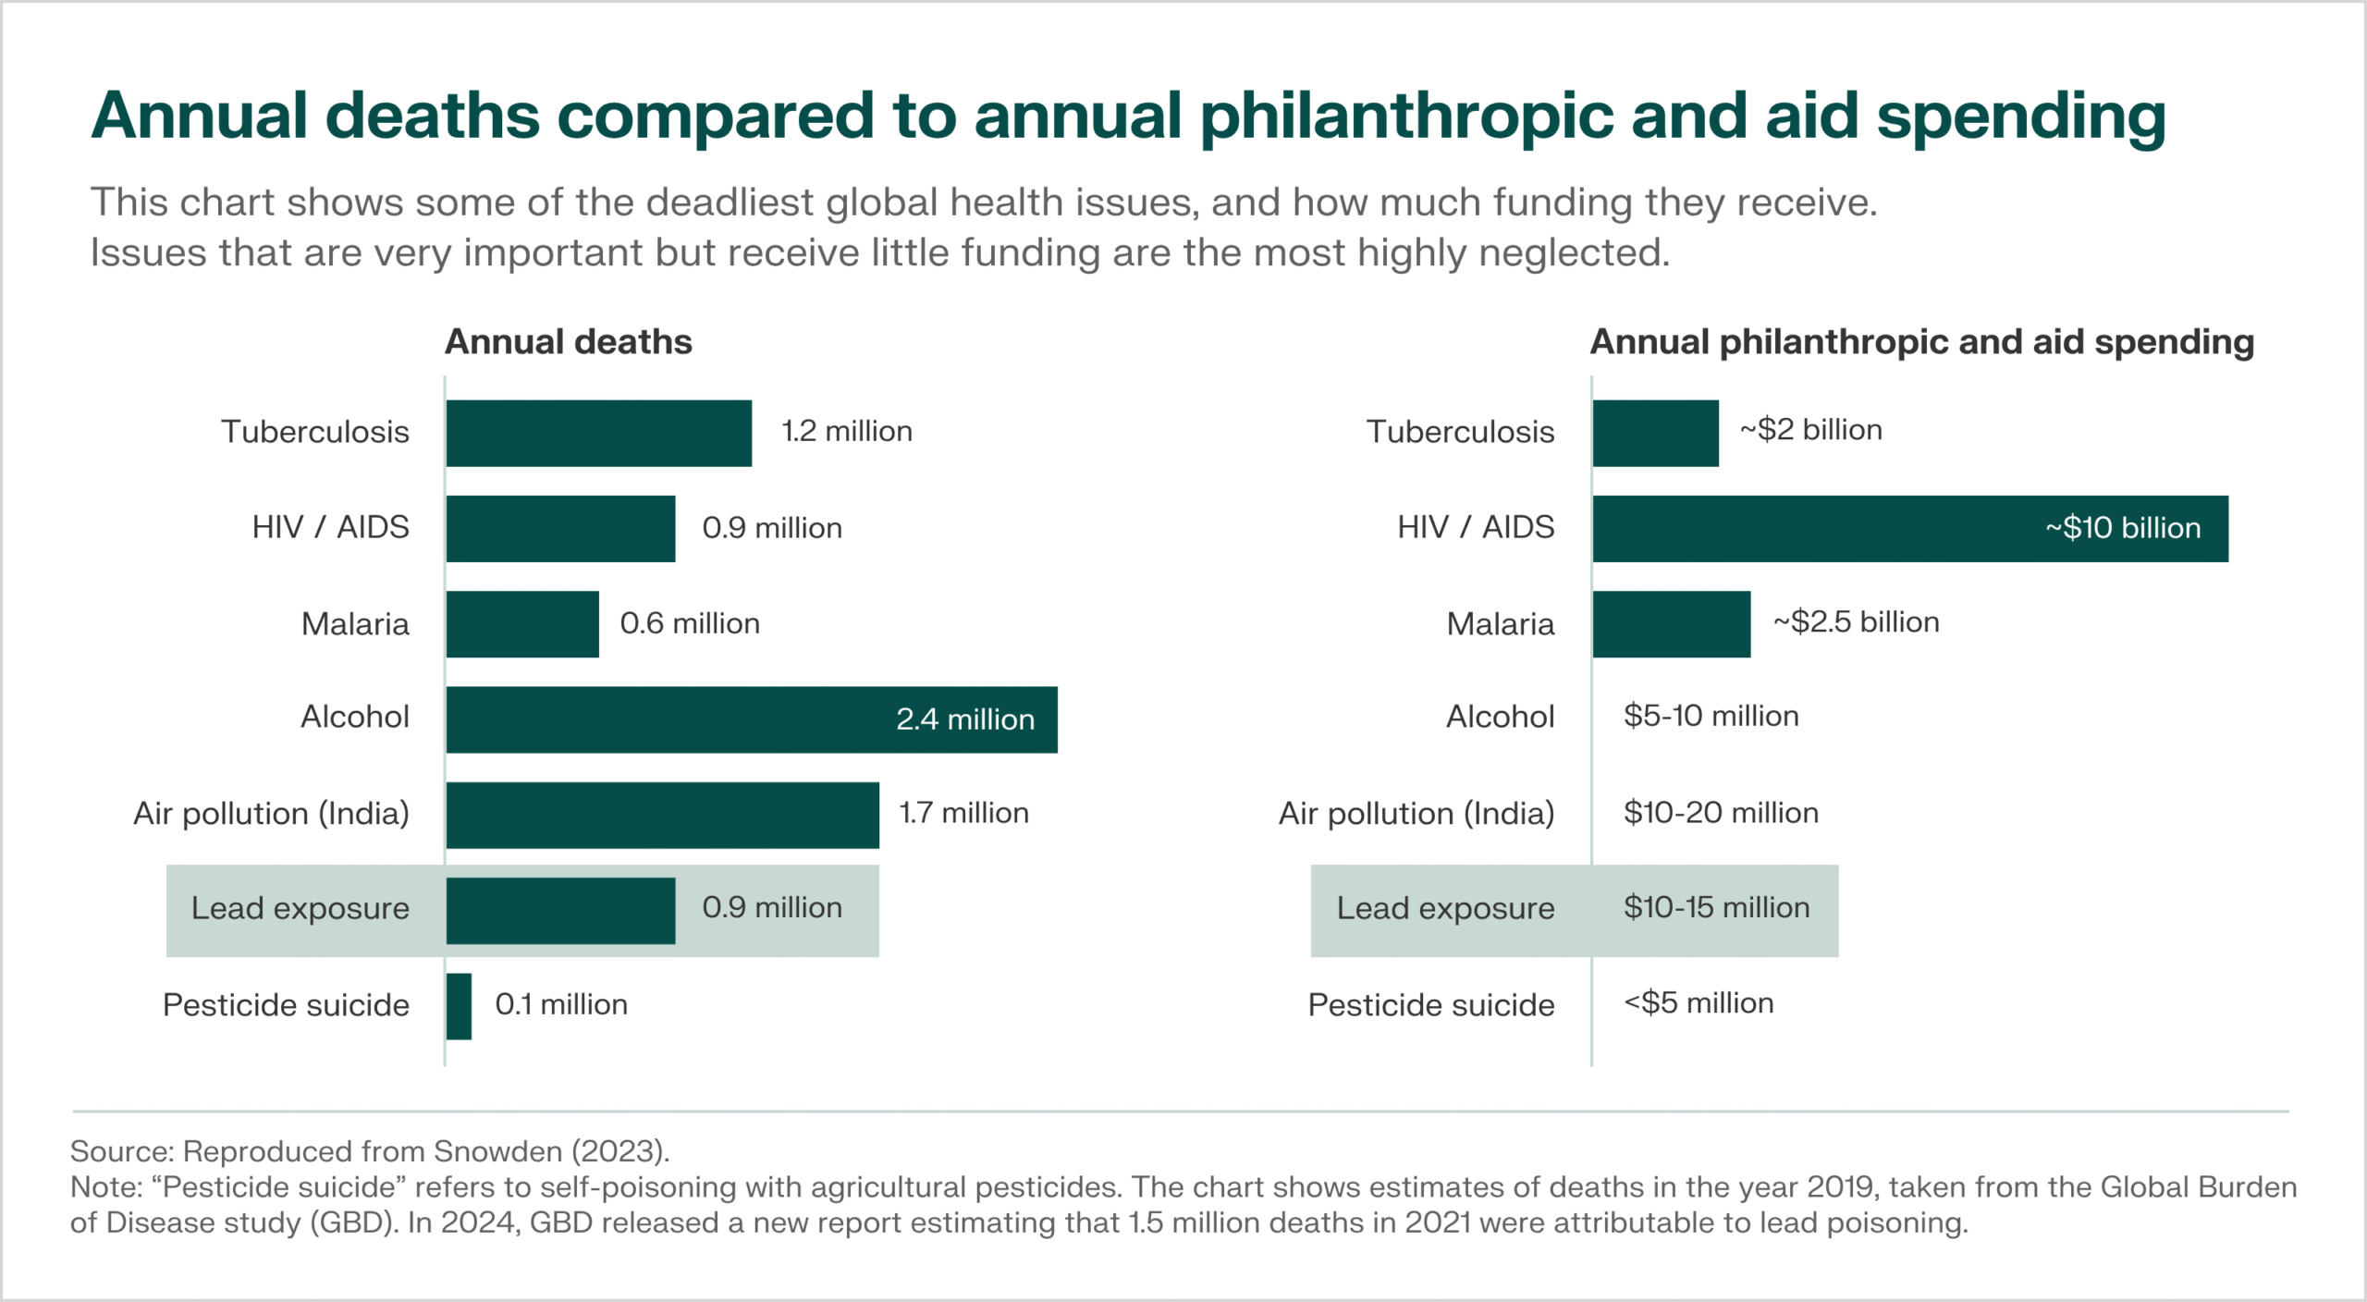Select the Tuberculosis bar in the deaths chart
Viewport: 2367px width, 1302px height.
point(598,433)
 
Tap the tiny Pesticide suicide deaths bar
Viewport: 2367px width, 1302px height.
point(459,1006)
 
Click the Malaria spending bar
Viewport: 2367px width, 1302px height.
point(1671,624)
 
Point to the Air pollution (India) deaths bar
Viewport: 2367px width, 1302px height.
point(662,815)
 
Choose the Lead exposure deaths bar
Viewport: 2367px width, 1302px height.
point(560,911)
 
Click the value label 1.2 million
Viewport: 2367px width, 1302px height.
point(846,432)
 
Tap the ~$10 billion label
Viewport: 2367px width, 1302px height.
point(2123,528)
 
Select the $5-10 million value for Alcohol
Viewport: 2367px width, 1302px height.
point(1711,716)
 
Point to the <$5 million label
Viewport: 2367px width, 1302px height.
point(1699,1003)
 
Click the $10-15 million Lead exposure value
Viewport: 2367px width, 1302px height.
point(1716,907)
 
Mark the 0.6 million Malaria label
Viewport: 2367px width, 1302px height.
point(690,623)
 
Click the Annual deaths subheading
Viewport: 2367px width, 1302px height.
point(568,342)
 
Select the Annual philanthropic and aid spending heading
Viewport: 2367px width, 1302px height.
point(1921,342)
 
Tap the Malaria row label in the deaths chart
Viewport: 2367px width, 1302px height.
point(355,624)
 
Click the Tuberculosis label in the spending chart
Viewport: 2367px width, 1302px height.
point(1460,432)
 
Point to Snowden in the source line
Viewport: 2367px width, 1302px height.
point(497,1151)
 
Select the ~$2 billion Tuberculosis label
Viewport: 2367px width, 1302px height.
point(1810,430)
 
